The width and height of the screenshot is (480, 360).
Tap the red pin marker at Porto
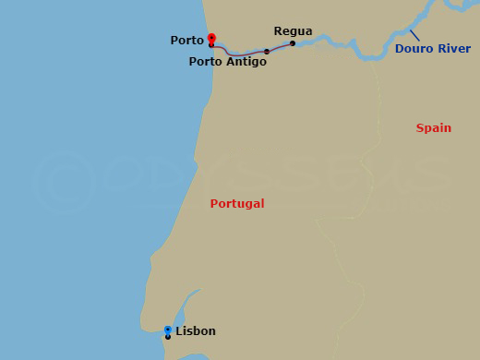(211, 38)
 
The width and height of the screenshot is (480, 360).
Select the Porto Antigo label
(227, 62)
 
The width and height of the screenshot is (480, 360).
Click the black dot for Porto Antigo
(267, 52)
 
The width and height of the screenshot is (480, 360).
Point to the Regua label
(293, 30)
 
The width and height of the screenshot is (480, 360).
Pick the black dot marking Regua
(293, 43)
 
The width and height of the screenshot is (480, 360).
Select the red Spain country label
(433, 128)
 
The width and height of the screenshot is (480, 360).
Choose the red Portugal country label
(237, 203)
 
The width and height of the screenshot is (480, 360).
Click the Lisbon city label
(195, 330)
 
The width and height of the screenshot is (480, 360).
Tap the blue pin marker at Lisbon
(167, 330)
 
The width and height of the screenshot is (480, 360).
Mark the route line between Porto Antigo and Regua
(280, 47)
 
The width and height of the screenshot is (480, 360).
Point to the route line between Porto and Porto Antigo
(238, 52)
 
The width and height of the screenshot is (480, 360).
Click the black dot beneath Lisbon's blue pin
(167, 337)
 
